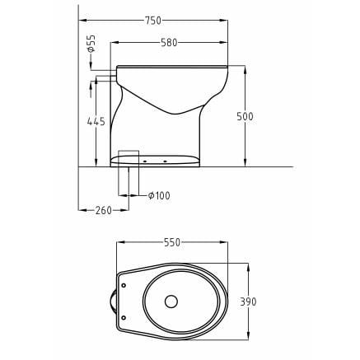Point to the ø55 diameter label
coord(91,43)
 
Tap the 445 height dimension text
coord(96,121)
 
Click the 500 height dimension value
coord(245,117)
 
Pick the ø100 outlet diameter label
coord(159,195)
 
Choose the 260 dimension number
coord(103,210)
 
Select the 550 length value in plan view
coord(171,243)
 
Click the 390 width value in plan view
coord(248,302)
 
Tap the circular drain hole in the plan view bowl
coord(172,301)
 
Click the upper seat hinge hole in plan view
coord(124,285)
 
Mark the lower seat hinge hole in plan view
coord(124,317)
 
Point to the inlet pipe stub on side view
coord(105,77)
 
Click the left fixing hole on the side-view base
coord(145,161)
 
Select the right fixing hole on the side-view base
coord(166,161)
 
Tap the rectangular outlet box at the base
coord(129,158)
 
